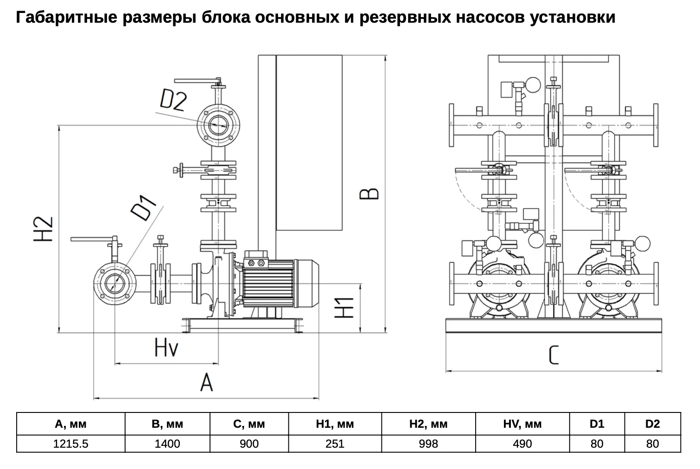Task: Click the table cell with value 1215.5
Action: point(71,444)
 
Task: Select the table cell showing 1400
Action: point(167,444)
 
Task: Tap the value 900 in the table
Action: point(249,444)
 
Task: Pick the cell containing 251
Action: point(335,444)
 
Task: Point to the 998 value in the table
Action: point(428,444)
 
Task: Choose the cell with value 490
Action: point(522,444)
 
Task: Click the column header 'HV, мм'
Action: point(522,424)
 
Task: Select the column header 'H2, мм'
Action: point(428,424)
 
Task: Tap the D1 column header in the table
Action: point(597,424)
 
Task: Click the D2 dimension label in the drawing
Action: point(173,100)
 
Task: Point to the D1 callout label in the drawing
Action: point(144,208)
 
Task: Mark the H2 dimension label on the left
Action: point(43,229)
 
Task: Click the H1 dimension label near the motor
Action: point(344,308)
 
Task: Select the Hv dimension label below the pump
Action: point(166,348)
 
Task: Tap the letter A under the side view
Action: point(207,383)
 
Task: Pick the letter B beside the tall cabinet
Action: point(369,194)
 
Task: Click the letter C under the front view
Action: point(554,355)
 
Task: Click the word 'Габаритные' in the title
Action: point(67,18)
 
